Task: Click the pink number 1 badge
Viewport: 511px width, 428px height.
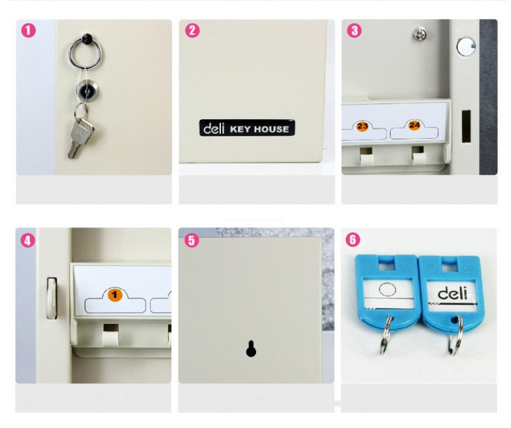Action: click(28, 30)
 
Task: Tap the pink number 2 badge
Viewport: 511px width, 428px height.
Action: click(192, 30)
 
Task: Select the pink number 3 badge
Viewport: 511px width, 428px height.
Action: click(355, 31)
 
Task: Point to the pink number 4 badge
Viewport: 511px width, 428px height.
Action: click(27, 240)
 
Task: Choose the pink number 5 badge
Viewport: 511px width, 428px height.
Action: click(192, 240)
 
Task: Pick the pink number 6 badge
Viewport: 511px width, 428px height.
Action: click(353, 240)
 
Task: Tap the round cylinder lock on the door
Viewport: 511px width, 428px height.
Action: click(87, 91)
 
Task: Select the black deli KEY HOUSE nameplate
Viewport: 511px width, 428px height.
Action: click(247, 128)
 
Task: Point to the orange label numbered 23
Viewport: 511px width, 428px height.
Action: click(362, 126)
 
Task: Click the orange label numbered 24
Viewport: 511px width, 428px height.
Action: click(414, 124)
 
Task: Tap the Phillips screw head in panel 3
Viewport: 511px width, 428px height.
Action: click(420, 34)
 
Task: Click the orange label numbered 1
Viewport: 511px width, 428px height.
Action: click(114, 295)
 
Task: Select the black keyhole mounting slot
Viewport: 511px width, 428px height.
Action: click(250, 348)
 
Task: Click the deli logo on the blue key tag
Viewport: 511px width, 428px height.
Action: click(452, 293)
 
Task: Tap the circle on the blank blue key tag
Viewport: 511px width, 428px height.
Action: click(388, 289)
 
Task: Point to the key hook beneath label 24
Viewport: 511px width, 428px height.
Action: click(418, 156)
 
